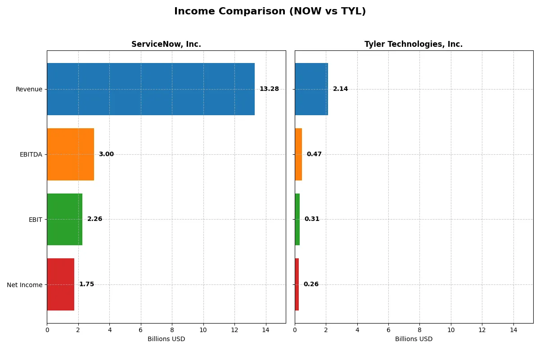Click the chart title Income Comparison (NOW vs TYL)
tap(270, 12)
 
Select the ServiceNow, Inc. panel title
tap(166, 44)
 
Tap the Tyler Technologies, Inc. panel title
tap(414, 44)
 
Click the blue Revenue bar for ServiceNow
tap(151, 89)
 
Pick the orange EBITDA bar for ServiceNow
tap(71, 154)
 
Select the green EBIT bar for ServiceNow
tap(65, 219)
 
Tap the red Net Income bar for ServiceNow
tap(61, 284)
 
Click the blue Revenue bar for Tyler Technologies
tap(311, 89)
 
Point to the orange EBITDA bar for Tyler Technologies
tap(298, 154)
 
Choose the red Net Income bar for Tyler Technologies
tap(297, 284)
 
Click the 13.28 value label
tap(269, 89)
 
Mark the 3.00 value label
tap(106, 154)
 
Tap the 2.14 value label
tap(340, 89)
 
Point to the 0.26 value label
tap(311, 284)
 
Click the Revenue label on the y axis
tap(29, 89)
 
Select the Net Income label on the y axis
tap(25, 284)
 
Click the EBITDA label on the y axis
tap(31, 154)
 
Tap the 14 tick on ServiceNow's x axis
tap(265, 330)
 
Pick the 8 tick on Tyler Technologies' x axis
tap(419, 330)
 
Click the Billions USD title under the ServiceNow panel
tap(166, 339)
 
